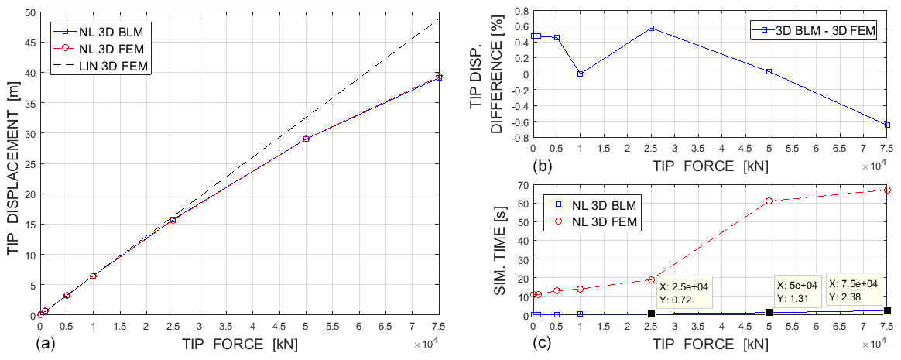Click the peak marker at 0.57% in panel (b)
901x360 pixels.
click(x=651, y=28)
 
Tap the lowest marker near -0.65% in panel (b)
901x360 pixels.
click(x=887, y=125)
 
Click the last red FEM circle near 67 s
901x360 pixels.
click(x=887, y=190)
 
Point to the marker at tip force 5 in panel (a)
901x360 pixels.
click(x=307, y=139)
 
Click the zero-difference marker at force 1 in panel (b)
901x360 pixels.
click(x=580, y=74)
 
